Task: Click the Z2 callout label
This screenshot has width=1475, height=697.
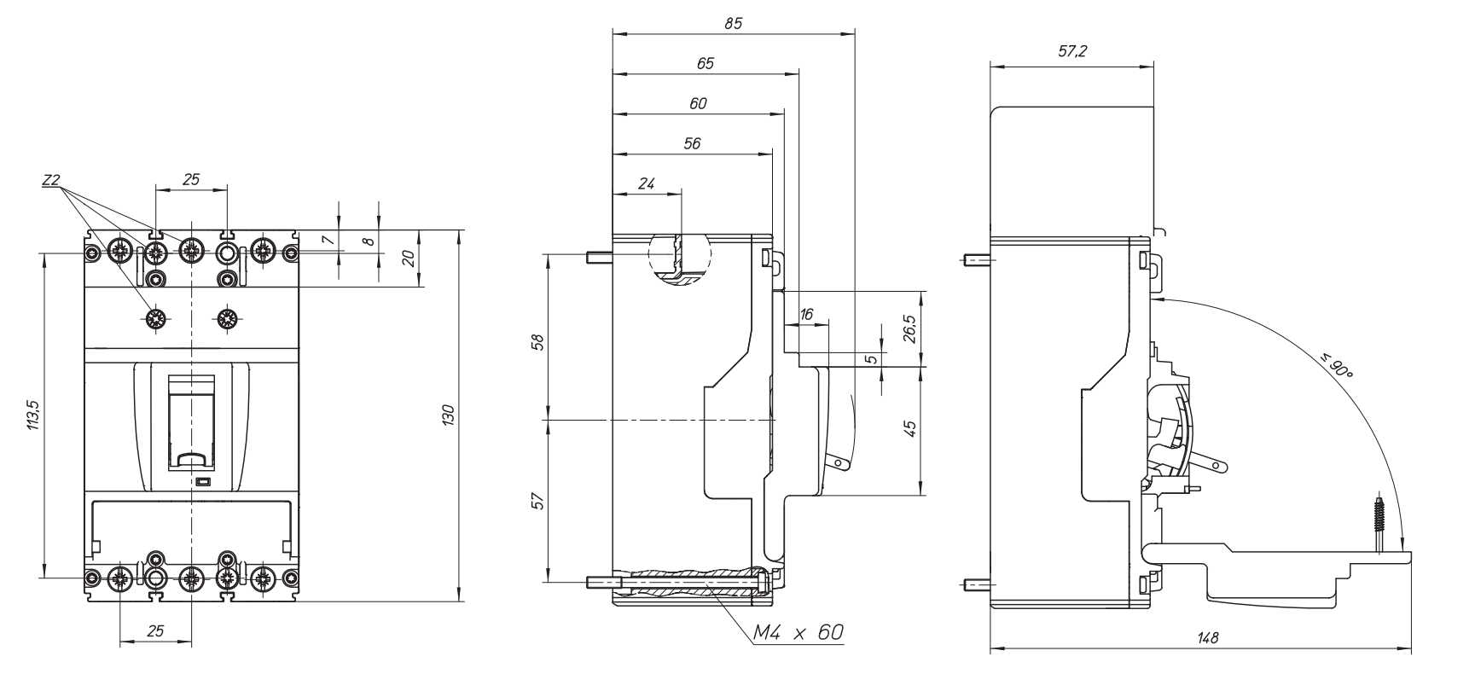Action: click(x=50, y=181)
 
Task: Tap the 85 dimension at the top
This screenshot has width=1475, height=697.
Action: click(x=733, y=24)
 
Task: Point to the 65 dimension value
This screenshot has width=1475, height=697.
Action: click(x=705, y=63)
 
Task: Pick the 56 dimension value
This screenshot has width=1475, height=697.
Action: click(x=692, y=143)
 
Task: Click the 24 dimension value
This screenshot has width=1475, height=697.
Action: click(x=646, y=183)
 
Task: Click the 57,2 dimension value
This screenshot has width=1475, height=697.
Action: click(x=1072, y=51)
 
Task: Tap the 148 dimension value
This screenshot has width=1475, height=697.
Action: click(x=1207, y=638)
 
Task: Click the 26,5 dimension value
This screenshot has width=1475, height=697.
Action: click(x=910, y=328)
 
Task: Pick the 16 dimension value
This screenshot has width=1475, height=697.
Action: click(x=806, y=315)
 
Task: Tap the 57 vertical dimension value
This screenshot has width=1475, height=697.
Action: click(x=537, y=501)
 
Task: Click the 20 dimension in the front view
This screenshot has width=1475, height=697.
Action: click(x=409, y=258)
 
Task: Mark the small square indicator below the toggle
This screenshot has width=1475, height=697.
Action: click(x=203, y=483)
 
